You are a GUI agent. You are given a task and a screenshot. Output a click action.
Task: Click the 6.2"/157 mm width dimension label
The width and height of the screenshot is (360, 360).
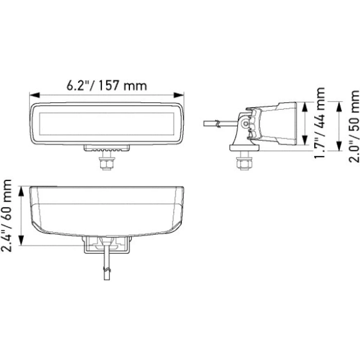[x=107, y=85]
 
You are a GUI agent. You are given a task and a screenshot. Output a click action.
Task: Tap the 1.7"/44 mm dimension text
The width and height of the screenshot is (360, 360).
[x=319, y=123]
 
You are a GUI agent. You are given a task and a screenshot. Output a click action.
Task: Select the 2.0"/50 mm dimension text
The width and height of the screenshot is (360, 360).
[x=354, y=126]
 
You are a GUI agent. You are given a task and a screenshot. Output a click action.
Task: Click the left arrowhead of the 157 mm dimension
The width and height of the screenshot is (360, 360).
[x=35, y=95]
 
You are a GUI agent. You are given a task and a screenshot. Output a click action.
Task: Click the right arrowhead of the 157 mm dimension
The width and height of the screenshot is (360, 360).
[x=179, y=95]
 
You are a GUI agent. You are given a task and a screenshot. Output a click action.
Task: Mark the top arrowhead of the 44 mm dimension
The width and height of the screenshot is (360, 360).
[x=305, y=107]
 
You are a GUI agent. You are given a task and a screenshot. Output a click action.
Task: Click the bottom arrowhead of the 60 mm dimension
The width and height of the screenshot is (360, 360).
[x=21, y=240]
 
